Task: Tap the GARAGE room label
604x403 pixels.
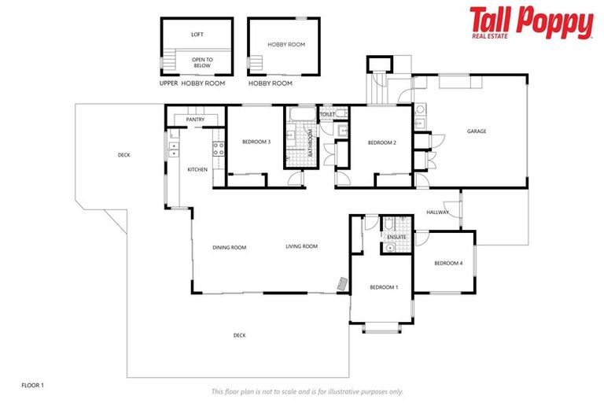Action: coord(476,131)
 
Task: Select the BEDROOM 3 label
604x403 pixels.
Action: coord(256,142)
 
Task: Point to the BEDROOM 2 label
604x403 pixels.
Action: coord(381,142)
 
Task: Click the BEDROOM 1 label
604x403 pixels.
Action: coord(384,287)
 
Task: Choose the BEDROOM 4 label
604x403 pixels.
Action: coord(448,263)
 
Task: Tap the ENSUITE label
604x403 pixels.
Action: coord(396,236)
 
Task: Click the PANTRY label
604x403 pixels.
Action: coord(195,120)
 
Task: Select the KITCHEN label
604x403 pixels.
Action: coord(197,169)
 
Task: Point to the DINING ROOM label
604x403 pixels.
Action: coord(229,247)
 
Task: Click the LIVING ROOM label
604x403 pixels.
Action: coord(301,246)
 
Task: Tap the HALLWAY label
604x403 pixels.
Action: coord(437,213)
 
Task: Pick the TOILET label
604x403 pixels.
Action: coord(327,115)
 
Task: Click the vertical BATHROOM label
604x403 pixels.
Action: coord(311,144)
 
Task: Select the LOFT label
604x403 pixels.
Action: coord(197,35)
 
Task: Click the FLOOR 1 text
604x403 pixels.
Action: coord(32,385)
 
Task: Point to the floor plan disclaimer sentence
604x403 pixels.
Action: coord(308,391)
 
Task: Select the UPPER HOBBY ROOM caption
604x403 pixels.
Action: coord(192,83)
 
